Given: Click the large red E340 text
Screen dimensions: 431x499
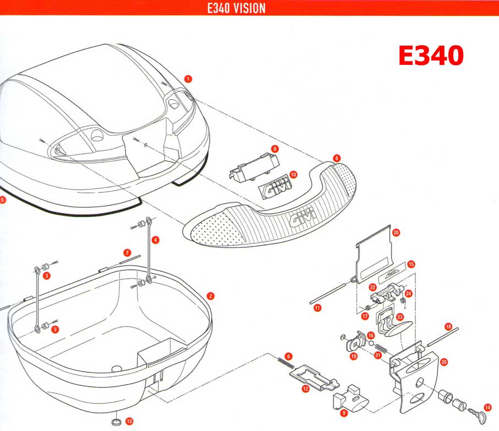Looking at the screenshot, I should pyautogui.click(x=431, y=56).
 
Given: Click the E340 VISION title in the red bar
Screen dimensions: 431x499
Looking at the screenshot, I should pyautogui.click(x=237, y=8).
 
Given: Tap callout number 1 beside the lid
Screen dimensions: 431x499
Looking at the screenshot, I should pyautogui.click(x=188, y=79).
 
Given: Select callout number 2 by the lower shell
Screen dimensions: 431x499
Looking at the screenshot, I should pyautogui.click(x=211, y=296).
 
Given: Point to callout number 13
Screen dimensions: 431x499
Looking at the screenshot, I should pyautogui.click(x=129, y=421).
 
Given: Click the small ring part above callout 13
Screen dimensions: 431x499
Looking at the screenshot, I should pyautogui.click(x=117, y=422).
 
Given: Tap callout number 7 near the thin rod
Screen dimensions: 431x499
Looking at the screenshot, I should pyautogui.click(x=127, y=252).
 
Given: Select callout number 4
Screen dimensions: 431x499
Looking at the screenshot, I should pyautogui.click(x=156, y=240).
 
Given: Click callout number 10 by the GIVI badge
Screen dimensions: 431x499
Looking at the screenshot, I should pyautogui.click(x=293, y=174).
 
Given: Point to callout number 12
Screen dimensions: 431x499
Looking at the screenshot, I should pyautogui.click(x=305, y=388).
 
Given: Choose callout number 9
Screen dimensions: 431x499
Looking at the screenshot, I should pyautogui.click(x=343, y=413).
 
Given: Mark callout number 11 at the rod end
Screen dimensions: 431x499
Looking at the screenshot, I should pyautogui.click(x=317, y=308).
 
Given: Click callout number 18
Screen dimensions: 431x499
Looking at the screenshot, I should pyautogui.click(x=448, y=327).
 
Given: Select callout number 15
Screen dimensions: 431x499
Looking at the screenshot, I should pyautogui.click(x=412, y=264).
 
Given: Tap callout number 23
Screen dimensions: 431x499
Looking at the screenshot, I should pyautogui.click(x=400, y=317).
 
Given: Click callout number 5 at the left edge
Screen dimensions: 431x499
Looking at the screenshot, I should pyautogui.click(x=3, y=200).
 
